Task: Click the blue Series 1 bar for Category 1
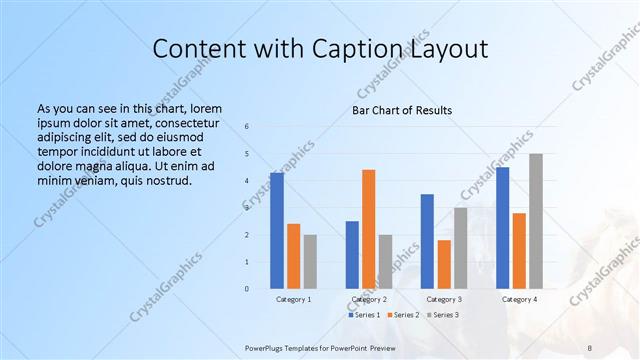277,231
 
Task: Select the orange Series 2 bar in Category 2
368,229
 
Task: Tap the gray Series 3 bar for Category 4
535,221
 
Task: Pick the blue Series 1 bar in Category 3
427,241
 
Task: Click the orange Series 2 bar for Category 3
444,264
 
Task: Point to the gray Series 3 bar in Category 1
310,262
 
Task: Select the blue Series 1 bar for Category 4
503,228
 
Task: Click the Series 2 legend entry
405,314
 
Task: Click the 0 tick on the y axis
248,289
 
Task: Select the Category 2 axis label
369,299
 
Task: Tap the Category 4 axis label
519,299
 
